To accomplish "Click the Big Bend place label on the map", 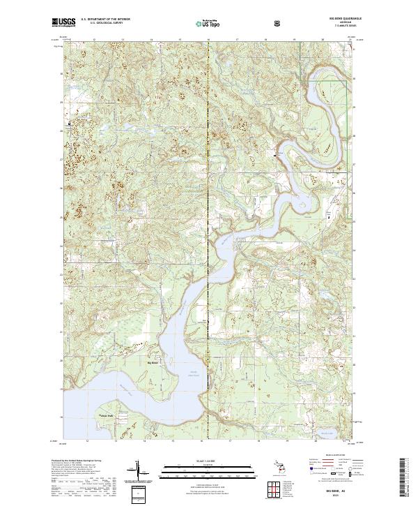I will [153, 362].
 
